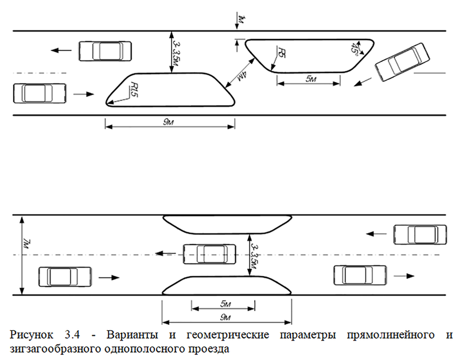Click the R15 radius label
(x=134, y=90)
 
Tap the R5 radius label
(x=282, y=52)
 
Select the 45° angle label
(x=355, y=48)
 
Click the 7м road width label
(x=26, y=243)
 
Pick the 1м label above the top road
(x=242, y=20)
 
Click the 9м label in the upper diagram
(x=168, y=122)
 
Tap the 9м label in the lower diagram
(x=225, y=318)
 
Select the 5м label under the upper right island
(x=311, y=79)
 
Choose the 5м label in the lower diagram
(x=225, y=304)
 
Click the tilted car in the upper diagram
(x=402, y=62)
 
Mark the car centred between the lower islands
(x=209, y=254)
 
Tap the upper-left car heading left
(x=105, y=51)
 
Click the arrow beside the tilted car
(x=363, y=82)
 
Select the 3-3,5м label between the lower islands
(x=255, y=257)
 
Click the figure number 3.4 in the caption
(x=72, y=335)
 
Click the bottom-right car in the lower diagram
(x=360, y=275)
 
